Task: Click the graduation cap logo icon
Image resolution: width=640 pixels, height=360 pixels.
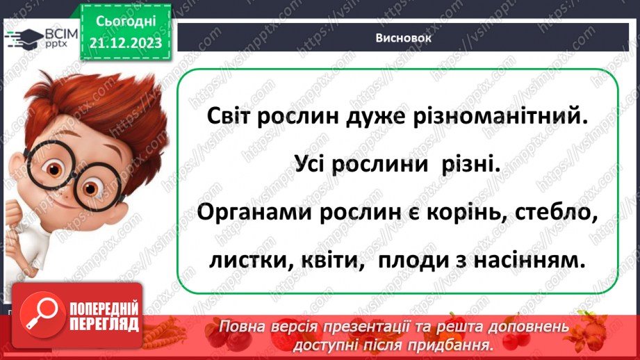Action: (25, 37)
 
